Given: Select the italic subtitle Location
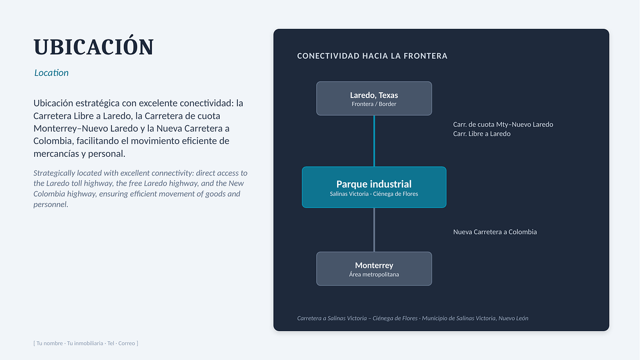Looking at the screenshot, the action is [51, 73].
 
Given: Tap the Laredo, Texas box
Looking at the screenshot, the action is [374, 99].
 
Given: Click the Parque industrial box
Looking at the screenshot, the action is [374, 187].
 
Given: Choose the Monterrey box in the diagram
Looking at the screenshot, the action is [374, 269].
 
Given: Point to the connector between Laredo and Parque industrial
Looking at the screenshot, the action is [374, 141].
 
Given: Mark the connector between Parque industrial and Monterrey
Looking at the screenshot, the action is [374, 230].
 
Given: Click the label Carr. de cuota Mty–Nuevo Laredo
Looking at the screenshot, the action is [503, 125].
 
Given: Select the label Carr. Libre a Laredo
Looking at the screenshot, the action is [482, 134].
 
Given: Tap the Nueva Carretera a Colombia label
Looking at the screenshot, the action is [495, 231].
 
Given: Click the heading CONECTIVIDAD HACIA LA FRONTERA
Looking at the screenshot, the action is [372, 56].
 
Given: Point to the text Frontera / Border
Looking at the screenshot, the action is [374, 104].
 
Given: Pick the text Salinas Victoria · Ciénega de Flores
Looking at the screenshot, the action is [374, 194].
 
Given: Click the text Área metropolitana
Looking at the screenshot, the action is [374, 274].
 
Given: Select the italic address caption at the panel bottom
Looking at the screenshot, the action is [413, 318].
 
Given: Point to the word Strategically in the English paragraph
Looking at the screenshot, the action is [54, 173].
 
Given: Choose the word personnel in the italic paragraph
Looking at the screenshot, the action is [51, 205].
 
